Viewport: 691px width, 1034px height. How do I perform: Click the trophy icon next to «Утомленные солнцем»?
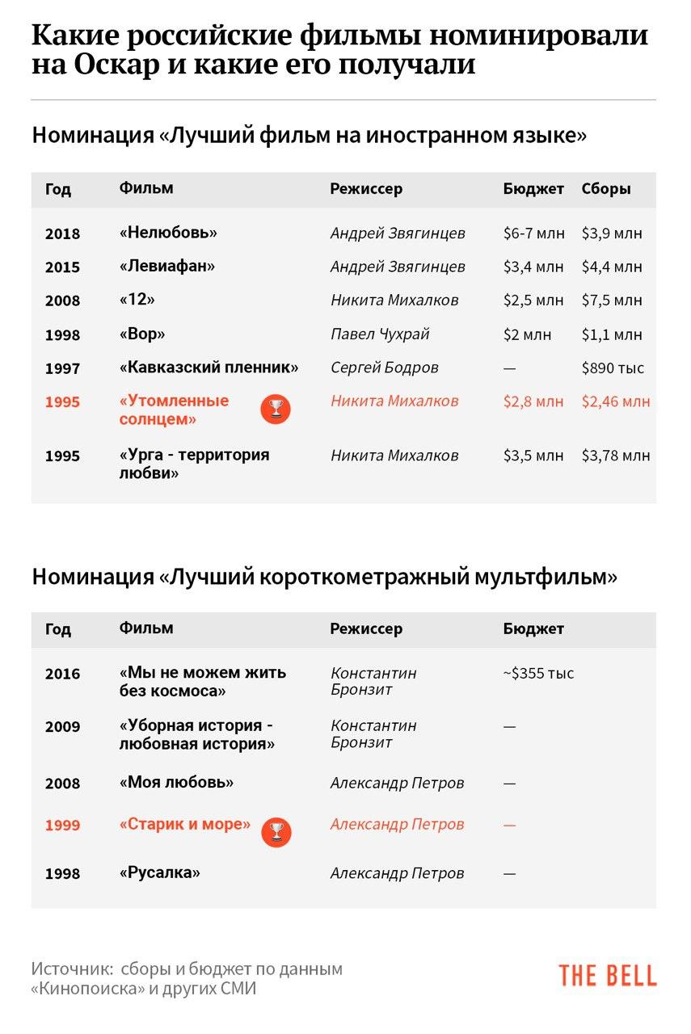click(275, 410)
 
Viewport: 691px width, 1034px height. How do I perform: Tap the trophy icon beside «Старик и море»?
click(276, 832)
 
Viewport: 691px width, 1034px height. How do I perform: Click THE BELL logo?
click(607, 975)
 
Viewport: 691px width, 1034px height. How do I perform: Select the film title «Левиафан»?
click(167, 266)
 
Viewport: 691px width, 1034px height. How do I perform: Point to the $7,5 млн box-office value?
click(612, 300)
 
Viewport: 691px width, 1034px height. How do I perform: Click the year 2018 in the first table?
click(63, 233)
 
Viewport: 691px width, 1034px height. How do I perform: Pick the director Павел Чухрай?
click(380, 334)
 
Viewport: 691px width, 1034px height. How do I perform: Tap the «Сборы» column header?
click(606, 189)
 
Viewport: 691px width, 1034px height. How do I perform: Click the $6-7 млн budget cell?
click(533, 233)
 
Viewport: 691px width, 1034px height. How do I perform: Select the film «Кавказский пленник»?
click(209, 368)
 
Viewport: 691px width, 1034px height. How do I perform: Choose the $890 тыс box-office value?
click(613, 368)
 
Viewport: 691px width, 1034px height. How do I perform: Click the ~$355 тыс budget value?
click(538, 673)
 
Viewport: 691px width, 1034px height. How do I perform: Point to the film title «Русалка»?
click(159, 872)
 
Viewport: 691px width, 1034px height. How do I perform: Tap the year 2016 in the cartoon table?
click(63, 674)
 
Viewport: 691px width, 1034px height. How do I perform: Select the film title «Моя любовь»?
click(176, 782)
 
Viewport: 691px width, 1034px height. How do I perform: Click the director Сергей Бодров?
click(385, 368)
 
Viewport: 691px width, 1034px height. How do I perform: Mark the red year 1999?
click(63, 826)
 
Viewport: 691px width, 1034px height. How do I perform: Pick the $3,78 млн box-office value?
click(615, 456)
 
